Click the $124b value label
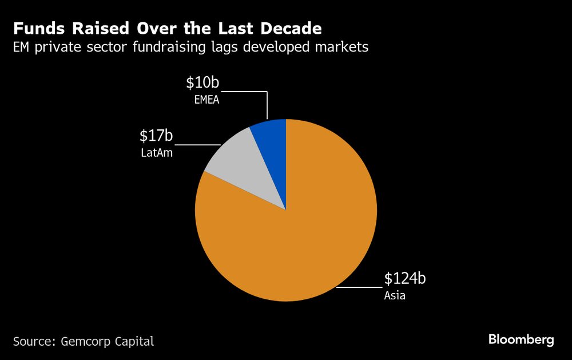coord(405,279)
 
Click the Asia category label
coord(395,296)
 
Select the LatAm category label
coord(156,153)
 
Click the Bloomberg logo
coord(521,340)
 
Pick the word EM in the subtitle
coord(22,47)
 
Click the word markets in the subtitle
coord(345,47)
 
